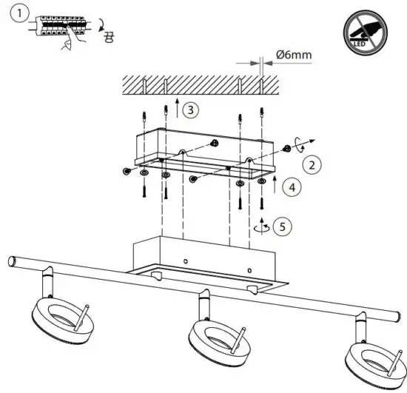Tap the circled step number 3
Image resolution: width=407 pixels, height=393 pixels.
tap(191, 110)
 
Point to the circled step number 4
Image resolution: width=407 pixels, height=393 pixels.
tap(294, 188)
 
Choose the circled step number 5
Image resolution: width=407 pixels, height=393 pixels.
tap(279, 225)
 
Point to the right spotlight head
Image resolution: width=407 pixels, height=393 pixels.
tap(374, 358)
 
